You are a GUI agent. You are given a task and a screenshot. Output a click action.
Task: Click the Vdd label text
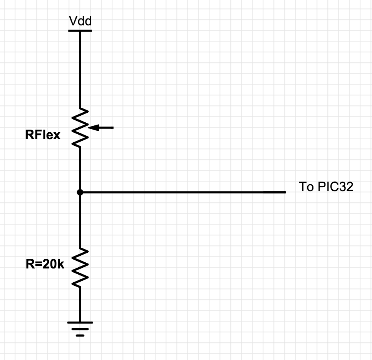click(x=80, y=21)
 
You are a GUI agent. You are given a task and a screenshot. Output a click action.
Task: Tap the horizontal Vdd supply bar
click(x=80, y=30)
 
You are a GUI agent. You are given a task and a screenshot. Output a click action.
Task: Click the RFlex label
click(x=43, y=135)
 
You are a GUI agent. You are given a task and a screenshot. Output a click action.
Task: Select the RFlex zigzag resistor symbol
click(x=80, y=128)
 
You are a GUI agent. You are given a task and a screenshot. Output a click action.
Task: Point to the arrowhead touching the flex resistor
click(x=93, y=128)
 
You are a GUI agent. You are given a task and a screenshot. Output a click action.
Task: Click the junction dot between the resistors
click(x=80, y=192)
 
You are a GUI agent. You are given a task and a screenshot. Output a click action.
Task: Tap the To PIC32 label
click(x=326, y=187)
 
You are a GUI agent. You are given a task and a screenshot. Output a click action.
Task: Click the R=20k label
click(x=45, y=264)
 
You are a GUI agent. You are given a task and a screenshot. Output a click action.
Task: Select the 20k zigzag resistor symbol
click(x=80, y=267)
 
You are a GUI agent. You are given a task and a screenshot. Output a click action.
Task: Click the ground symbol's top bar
click(x=80, y=323)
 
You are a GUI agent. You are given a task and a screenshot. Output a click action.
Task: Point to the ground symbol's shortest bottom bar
click(x=80, y=335)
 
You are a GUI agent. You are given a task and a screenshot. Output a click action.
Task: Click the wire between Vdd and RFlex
click(x=80, y=70)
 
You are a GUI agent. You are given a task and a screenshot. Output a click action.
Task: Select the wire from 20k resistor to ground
click(x=80, y=304)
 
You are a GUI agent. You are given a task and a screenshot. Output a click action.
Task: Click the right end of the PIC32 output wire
click(x=286, y=192)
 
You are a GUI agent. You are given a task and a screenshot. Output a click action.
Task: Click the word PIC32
click(x=335, y=187)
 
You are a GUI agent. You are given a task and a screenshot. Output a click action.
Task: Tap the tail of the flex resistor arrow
click(x=113, y=128)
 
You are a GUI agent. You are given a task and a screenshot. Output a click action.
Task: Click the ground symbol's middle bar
click(x=80, y=329)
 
